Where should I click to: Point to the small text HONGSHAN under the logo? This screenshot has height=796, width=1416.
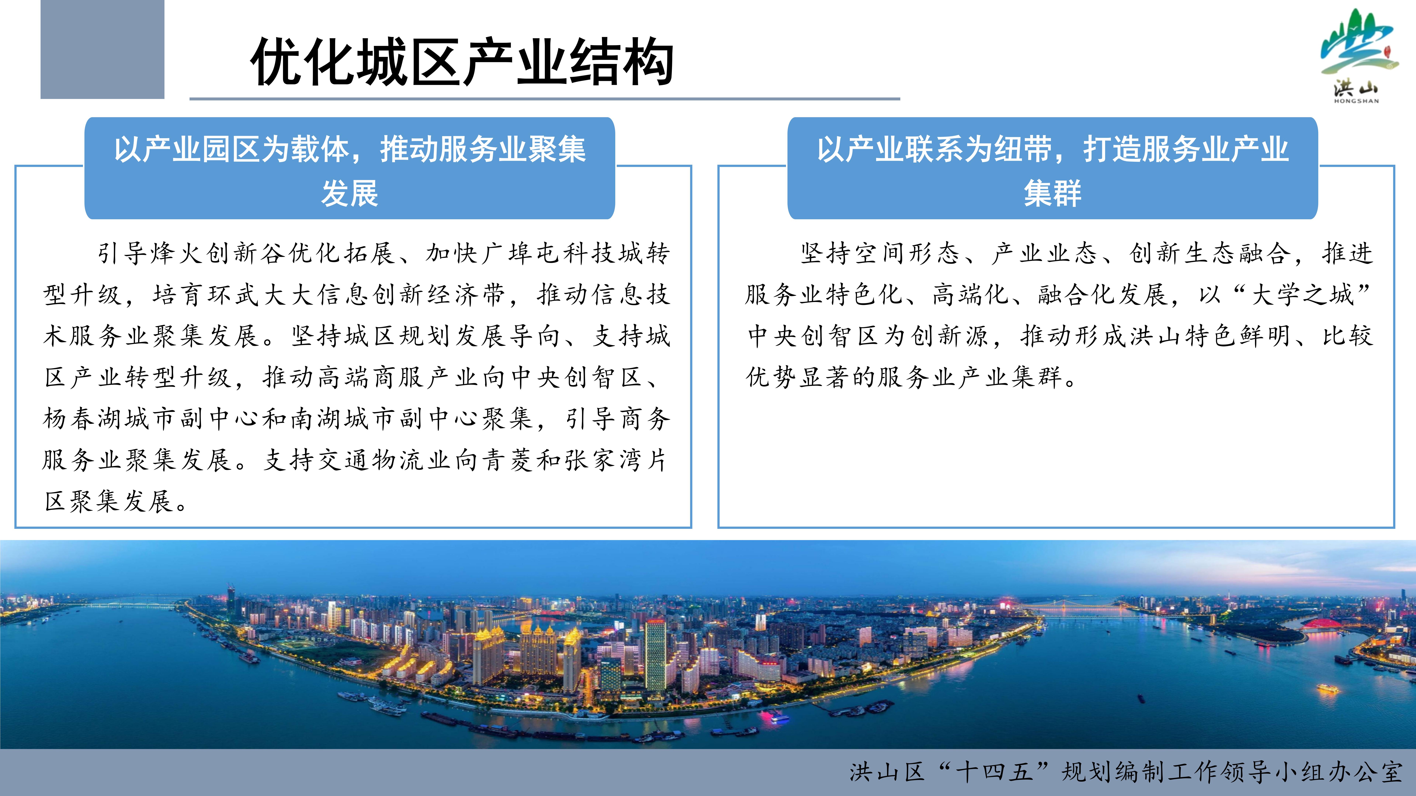point(1356,101)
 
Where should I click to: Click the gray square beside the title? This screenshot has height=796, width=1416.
point(102,49)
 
